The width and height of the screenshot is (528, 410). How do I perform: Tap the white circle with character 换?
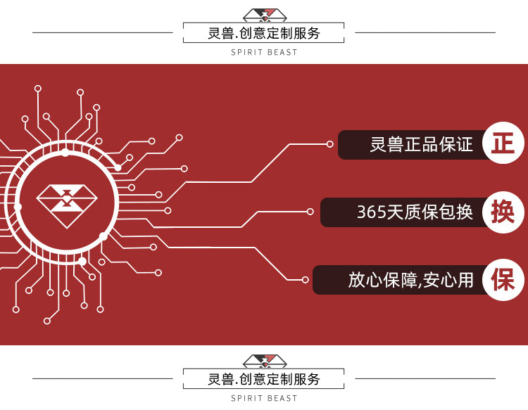(x=503, y=212)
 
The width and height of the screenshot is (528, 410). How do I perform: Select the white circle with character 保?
(x=503, y=279)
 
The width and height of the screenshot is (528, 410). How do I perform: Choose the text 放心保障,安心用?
(x=410, y=279)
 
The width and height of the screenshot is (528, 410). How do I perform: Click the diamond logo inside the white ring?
(x=65, y=206)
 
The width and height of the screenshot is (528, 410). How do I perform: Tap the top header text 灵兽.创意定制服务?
(x=264, y=33)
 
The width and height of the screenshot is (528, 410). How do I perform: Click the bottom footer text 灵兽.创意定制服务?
(x=264, y=379)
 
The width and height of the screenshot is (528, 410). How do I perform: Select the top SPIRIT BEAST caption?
(x=264, y=53)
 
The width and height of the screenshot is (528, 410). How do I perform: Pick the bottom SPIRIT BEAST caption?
(x=264, y=399)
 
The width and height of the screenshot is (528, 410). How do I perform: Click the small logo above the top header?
(x=264, y=15)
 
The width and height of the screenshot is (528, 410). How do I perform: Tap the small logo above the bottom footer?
(x=264, y=361)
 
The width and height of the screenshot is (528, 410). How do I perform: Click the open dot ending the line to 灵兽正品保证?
(x=329, y=143)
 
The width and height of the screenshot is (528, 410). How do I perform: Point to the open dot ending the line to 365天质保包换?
(x=310, y=211)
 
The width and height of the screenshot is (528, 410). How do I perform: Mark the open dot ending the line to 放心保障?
(x=305, y=279)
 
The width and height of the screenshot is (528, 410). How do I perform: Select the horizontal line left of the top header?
(x=103, y=32)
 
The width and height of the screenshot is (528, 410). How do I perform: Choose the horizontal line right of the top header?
(x=425, y=32)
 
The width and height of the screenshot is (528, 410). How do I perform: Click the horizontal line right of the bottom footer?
(x=425, y=378)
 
